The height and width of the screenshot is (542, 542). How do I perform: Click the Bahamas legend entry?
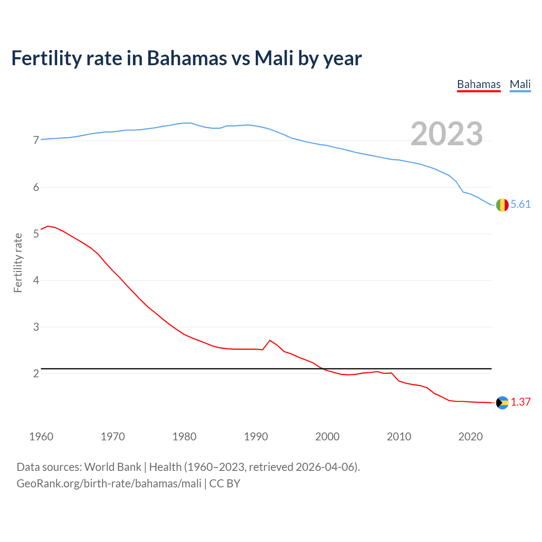click(x=478, y=84)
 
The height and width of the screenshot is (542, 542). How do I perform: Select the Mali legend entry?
click(x=520, y=84)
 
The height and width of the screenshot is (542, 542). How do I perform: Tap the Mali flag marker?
click(x=502, y=205)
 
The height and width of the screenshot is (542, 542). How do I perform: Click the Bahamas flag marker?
click(x=502, y=403)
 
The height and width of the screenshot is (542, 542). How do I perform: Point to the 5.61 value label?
click(x=520, y=205)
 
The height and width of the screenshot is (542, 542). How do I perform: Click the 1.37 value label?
click(x=520, y=402)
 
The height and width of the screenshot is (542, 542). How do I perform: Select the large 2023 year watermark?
click(x=447, y=134)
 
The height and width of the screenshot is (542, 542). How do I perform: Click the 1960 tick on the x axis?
click(x=41, y=437)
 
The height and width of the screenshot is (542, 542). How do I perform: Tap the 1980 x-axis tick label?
click(x=184, y=437)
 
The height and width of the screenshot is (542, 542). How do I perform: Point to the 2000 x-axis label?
click(x=327, y=437)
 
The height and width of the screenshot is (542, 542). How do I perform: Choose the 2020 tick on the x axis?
click(x=470, y=437)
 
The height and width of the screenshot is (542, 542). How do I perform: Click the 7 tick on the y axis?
click(x=36, y=140)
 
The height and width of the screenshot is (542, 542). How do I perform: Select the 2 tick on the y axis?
click(x=36, y=373)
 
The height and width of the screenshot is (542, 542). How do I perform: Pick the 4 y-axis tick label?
click(x=36, y=280)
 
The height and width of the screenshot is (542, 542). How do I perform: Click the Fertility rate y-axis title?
click(x=18, y=263)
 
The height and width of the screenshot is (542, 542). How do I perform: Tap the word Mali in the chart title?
click(x=274, y=58)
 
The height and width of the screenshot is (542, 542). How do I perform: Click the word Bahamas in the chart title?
click(x=187, y=58)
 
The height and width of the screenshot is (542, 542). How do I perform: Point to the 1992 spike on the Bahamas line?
click(x=270, y=340)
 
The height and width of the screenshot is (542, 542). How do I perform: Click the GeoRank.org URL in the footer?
click(x=109, y=484)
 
